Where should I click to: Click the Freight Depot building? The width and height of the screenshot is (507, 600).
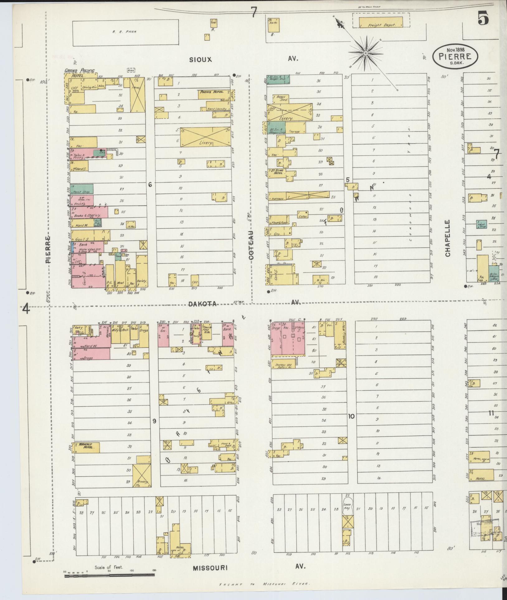click(381, 22)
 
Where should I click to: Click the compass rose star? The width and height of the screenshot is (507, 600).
click(365, 54)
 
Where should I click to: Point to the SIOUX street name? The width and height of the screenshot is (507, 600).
click(201, 59)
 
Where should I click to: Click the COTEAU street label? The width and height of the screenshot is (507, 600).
click(251, 245)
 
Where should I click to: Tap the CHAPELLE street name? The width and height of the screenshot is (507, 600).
click(448, 238)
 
